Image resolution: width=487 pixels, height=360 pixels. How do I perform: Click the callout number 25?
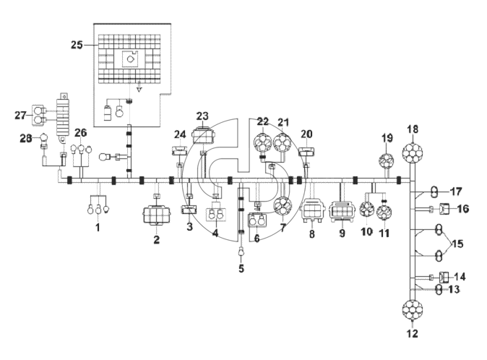(x=77, y=45)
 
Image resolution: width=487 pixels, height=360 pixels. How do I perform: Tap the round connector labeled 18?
(x=412, y=153)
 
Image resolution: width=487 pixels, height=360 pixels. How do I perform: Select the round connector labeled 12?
(x=412, y=310)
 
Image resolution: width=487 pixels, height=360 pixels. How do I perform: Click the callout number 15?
(x=457, y=244)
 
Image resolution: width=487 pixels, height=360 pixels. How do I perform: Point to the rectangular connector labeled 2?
(x=157, y=215)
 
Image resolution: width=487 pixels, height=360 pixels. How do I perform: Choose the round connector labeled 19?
(x=387, y=161)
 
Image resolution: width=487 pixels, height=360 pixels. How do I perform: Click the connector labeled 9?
(x=342, y=212)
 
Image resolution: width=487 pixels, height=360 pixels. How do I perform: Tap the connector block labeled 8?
(x=312, y=210)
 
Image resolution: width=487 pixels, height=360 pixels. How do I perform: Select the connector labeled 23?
(x=202, y=136)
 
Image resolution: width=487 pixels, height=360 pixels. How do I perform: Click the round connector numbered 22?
(x=263, y=143)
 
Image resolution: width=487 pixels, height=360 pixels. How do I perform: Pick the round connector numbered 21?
(x=283, y=143)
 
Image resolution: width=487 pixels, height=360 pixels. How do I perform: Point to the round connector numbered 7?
(x=283, y=206)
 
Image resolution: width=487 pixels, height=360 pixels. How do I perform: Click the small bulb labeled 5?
(x=241, y=252)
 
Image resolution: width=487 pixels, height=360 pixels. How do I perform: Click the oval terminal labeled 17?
(x=434, y=192)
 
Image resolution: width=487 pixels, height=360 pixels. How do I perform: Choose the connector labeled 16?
(x=444, y=209)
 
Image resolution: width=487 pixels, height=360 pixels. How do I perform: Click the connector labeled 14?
(x=444, y=277)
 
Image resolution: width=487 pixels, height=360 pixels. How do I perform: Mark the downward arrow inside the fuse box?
(x=139, y=87)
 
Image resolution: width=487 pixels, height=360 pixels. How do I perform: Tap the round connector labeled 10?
(x=367, y=210)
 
